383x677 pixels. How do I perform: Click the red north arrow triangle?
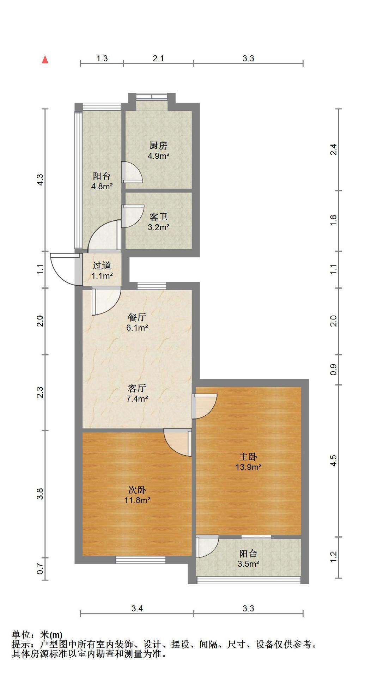pos(45,59)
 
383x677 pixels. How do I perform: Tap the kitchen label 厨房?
pos(158,145)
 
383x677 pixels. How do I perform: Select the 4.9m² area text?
pos(158,156)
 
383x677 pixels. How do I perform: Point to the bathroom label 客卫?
pos(158,217)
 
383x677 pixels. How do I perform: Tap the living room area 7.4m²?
pos(137,399)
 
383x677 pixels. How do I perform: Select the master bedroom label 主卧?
pos(248,457)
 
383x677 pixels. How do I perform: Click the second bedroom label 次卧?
pos(137,490)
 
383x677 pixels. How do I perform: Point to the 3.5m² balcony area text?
pos(248,564)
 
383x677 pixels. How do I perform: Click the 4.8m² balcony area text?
pos(102,187)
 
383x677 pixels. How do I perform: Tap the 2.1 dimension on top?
pos(158,58)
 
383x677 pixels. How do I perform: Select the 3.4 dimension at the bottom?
pos(137,608)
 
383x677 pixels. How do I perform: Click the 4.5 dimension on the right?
pos(334,460)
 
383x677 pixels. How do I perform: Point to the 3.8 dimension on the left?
pos(40,494)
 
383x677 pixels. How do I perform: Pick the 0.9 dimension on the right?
pos(334,369)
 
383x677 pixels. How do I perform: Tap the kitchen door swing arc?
pos(133,172)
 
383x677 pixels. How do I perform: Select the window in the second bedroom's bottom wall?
pos(141,560)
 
